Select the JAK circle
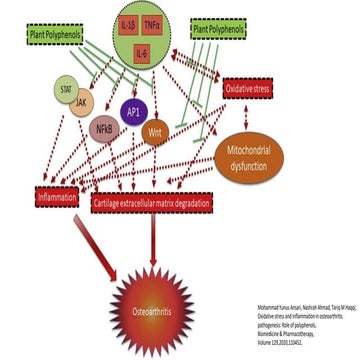point(80,103)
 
